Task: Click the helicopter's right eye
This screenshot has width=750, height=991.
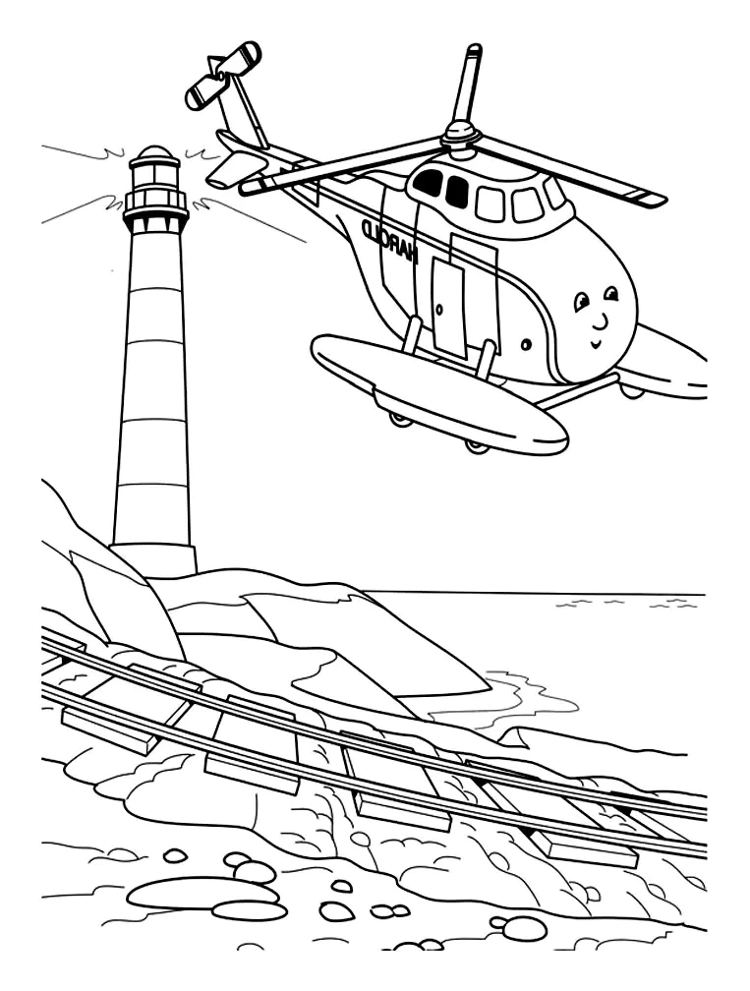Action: click(611, 294)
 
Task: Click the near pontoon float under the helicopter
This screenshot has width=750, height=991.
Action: click(439, 391)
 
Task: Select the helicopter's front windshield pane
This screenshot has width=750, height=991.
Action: click(555, 192)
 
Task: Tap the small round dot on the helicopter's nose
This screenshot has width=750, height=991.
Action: click(524, 345)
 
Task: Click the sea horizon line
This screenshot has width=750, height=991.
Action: click(534, 594)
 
